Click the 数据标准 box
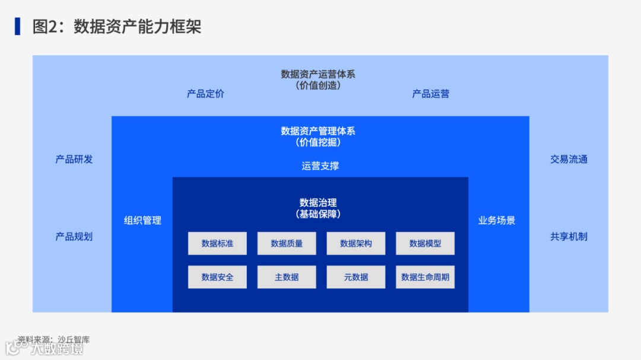coord(217,243)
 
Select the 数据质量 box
coord(287,243)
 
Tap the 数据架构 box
coord(356,243)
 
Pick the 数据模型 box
coord(425,243)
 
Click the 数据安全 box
coord(217,277)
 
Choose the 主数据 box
coord(287,277)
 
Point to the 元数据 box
coord(356,277)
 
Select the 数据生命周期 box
coord(425,277)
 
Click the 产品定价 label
coord(205,94)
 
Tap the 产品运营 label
coord(431,94)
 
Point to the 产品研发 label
coord(74,159)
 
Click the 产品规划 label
coord(74,236)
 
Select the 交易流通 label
coord(569,159)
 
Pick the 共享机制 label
coord(569,236)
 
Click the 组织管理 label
coord(142,220)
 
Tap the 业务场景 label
coord(497,220)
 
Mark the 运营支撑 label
coord(320,166)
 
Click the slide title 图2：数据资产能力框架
coord(117,27)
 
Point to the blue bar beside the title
coord(18,26)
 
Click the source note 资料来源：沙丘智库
coord(53,340)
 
